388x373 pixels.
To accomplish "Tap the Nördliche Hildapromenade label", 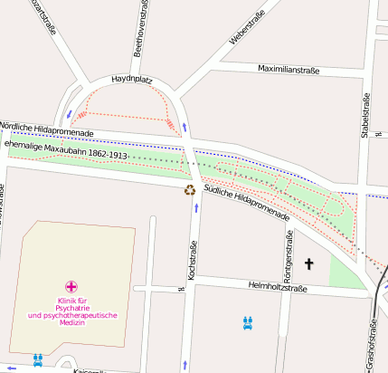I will coord(47,129).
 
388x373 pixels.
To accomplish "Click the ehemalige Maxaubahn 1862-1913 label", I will coord(67,149).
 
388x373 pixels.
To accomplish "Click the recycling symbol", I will coord(190,189).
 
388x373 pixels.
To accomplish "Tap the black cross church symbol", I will coord(308,264).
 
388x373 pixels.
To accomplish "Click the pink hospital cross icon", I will coord(71,286).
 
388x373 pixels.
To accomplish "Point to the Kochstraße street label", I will coord(193,259).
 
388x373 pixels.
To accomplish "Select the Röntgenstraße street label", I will coord(289,252).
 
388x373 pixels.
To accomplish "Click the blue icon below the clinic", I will coord(37,359).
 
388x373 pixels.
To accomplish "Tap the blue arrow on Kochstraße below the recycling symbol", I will coord(196,207).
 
